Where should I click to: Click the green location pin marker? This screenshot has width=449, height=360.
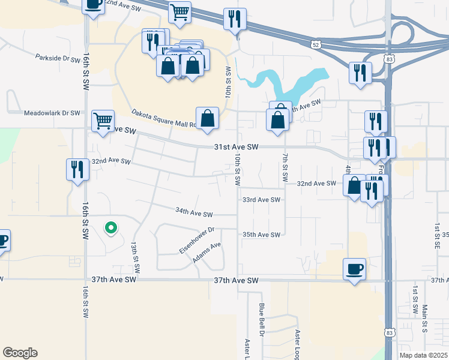110,228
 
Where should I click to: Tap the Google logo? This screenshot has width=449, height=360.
20,353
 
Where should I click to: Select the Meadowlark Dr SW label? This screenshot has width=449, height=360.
52,113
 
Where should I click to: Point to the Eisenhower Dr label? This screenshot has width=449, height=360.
196,239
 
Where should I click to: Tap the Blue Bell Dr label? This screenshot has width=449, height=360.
262,318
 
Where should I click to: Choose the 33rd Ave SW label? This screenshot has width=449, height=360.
261,200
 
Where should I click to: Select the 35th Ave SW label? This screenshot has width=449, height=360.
261,235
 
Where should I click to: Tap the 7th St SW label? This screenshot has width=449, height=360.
284,169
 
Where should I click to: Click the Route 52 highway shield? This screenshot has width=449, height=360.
316,44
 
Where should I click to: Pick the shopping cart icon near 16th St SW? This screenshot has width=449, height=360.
103,120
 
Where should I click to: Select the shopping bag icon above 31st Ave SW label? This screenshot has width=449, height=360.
207,118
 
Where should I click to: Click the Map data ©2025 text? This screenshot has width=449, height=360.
422,355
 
